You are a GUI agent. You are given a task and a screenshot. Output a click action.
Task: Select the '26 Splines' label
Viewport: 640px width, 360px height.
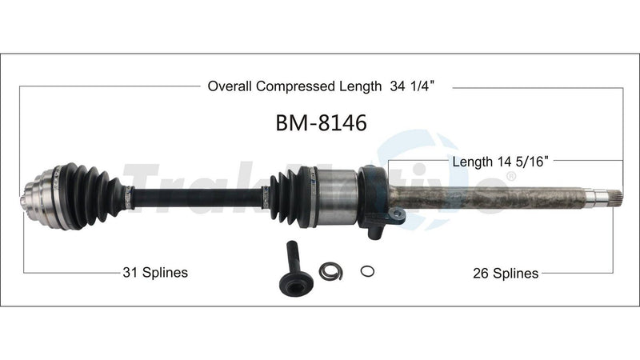[505, 273]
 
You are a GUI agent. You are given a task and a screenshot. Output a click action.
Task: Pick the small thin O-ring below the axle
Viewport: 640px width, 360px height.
[366, 271]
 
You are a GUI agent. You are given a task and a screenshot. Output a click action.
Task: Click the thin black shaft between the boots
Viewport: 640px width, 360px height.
[196, 195]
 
